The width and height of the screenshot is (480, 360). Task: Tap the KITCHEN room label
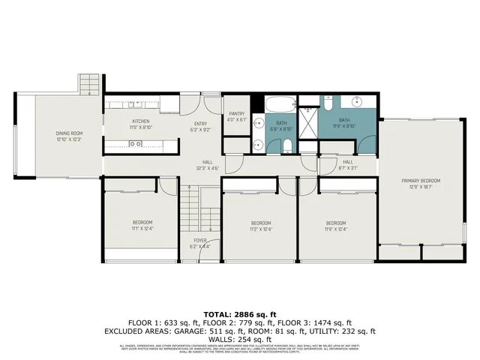tap(141, 121)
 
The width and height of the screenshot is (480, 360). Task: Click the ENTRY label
tap(200, 124)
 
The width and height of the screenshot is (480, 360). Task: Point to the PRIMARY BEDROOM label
tap(420, 181)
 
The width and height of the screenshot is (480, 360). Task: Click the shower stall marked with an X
tap(307, 120)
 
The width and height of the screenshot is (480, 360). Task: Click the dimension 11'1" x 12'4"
tap(142, 229)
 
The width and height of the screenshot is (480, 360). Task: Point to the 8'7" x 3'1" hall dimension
tap(348, 168)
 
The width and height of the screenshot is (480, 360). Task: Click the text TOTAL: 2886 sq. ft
tap(240, 313)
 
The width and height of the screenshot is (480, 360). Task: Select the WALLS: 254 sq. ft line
tap(240, 338)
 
